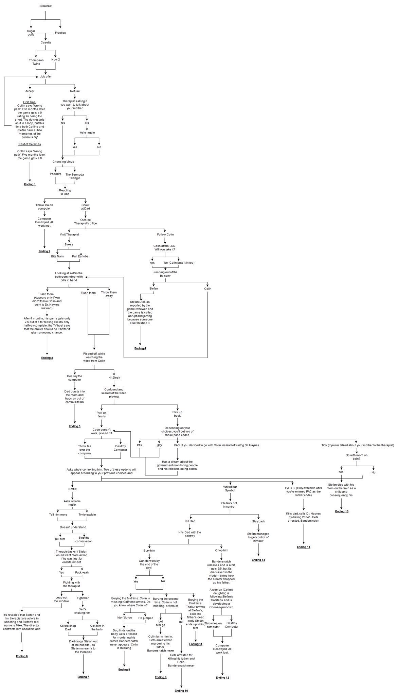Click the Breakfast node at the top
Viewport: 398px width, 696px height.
pyautogui.click(x=46, y=6)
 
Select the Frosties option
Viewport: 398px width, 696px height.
pyautogui.click(x=60, y=33)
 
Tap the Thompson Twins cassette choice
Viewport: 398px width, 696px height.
pyautogui.click(x=36, y=62)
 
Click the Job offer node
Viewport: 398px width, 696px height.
pyautogui.click(x=46, y=76)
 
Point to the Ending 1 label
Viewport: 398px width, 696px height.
pyautogui.click(x=30, y=184)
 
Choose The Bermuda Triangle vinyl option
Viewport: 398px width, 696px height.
pyautogui.click(x=75, y=176)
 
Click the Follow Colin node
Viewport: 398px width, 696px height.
pyautogui.click(x=165, y=234)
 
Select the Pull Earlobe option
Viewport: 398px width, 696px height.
pyautogui.click(x=80, y=256)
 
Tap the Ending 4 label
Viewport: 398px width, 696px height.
pyautogui.click(x=140, y=348)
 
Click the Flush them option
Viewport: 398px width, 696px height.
pyautogui.click(x=88, y=293)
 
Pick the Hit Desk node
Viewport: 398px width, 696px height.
pyautogui.click(x=114, y=377)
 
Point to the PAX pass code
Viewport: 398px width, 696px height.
pyautogui.click(x=140, y=445)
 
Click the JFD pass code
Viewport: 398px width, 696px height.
pyautogui.click(x=159, y=445)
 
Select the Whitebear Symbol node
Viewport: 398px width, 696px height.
pyautogui.click(x=230, y=488)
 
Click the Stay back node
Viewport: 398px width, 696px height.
pyautogui.click(x=258, y=521)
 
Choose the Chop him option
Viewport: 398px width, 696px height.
pyautogui.click(x=221, y=550)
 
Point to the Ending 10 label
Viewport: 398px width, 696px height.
pyautogui.click(x=181, y=691)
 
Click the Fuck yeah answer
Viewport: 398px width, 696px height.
pyautogui.click(x=82, y=572)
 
